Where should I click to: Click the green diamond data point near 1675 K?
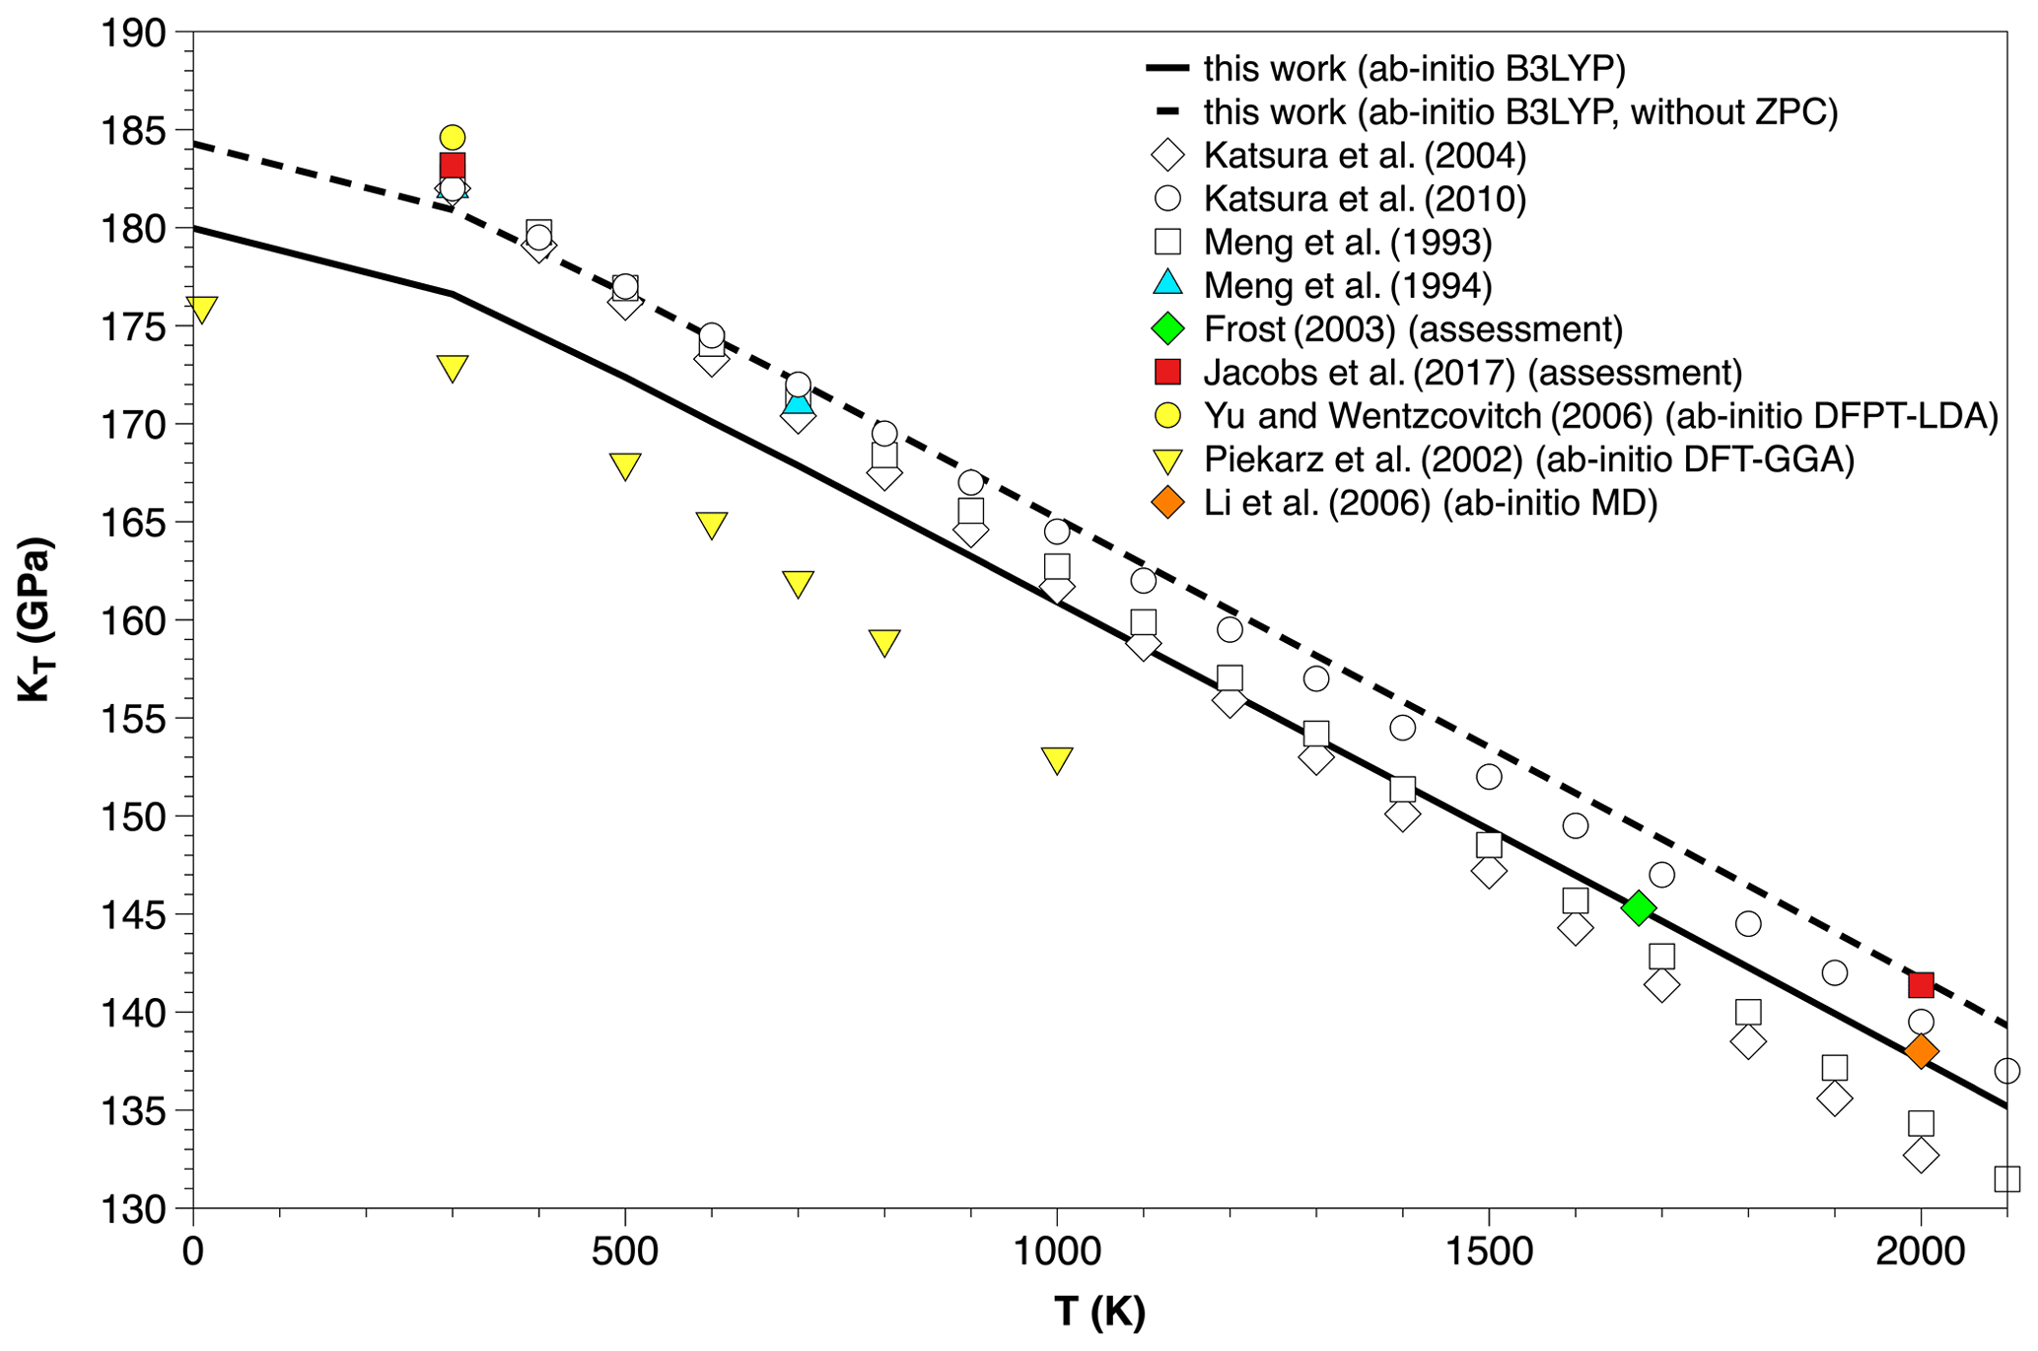(1639, 908)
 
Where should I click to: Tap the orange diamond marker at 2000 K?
(1921, 1052)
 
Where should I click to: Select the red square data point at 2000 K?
(1921, 984)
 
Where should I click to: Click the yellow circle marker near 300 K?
(453, 137)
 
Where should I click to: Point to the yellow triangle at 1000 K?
(1057, 759)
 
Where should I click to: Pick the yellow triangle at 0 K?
(201, 309)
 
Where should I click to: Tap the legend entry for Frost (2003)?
(1413, 329)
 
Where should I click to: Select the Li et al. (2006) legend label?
(1430, 504)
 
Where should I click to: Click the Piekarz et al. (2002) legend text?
(1528, 460)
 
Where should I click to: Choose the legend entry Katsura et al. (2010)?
(1365, 199)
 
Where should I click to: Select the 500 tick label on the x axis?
(625, 1252)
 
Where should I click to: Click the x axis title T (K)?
(1099, 1313)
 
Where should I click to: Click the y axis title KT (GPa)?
(35, 619)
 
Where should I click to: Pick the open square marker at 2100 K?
(2006, 1178)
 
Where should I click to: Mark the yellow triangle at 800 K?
(884, 642)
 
